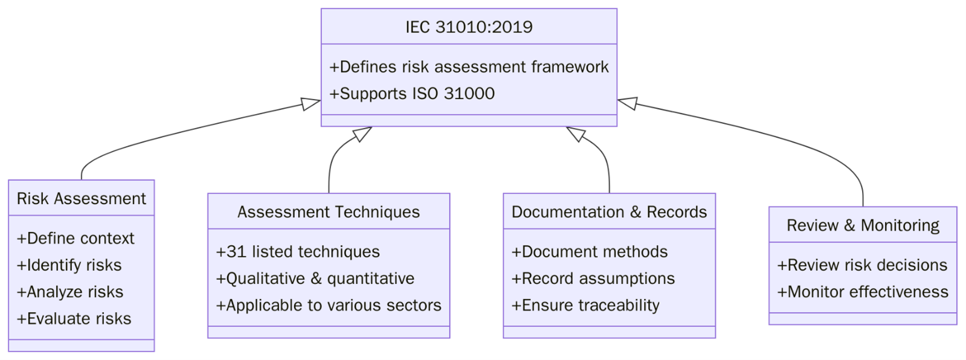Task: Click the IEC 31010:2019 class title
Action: coord(469,27)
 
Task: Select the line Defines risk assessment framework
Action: coord(469,67)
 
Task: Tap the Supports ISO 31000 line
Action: coord(412,94)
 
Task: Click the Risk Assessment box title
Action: coord(82,199)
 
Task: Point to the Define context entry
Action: coord(76,239)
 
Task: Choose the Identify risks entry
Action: coord(69,265)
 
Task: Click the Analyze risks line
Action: coord(70,292)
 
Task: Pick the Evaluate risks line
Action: coord(74,318)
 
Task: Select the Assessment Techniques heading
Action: coord(329,212)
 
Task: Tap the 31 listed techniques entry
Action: coord(298,252)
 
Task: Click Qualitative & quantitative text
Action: coord(315,278)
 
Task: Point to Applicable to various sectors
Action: coord(329,305)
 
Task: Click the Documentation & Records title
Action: coord(609,212)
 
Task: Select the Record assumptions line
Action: coord(593,278)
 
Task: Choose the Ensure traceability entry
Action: coord(585,305)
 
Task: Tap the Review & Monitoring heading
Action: coord(863,225)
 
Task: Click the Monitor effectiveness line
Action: coord(863,292)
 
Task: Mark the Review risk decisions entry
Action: coord(862,265)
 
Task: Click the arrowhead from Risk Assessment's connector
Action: coord(311,104)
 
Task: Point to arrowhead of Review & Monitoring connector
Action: coord(627,103)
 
